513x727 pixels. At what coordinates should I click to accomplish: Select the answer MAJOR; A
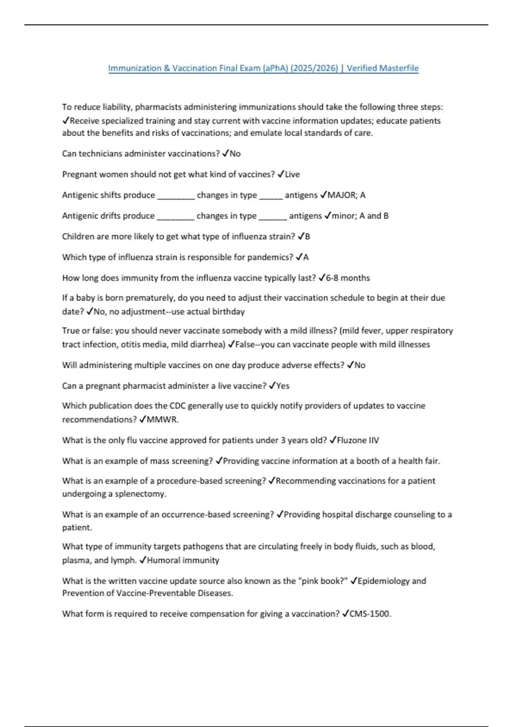346,195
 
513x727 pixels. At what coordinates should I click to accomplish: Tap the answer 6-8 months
348,278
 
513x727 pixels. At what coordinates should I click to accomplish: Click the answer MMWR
162,420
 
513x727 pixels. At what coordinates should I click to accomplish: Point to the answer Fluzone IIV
358,440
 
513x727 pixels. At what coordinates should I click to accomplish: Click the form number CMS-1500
370,614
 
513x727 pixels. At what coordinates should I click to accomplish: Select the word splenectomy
140,494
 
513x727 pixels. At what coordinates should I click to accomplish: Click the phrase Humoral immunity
183,560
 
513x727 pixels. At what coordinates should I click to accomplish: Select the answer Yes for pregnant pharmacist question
283,386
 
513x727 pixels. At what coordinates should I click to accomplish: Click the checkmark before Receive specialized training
65,121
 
